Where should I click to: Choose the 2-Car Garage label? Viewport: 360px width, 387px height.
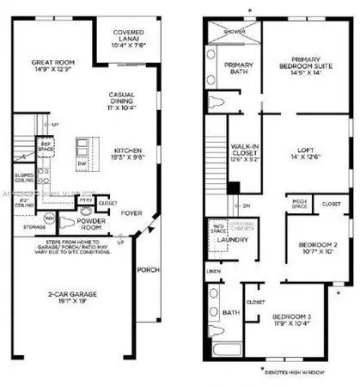pyautogui.click(x=72, y=298)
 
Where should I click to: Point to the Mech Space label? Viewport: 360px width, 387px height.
pyautogui.click(x=301, y=205)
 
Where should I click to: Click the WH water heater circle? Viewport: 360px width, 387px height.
pyautogui.click(x=49, y=218)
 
